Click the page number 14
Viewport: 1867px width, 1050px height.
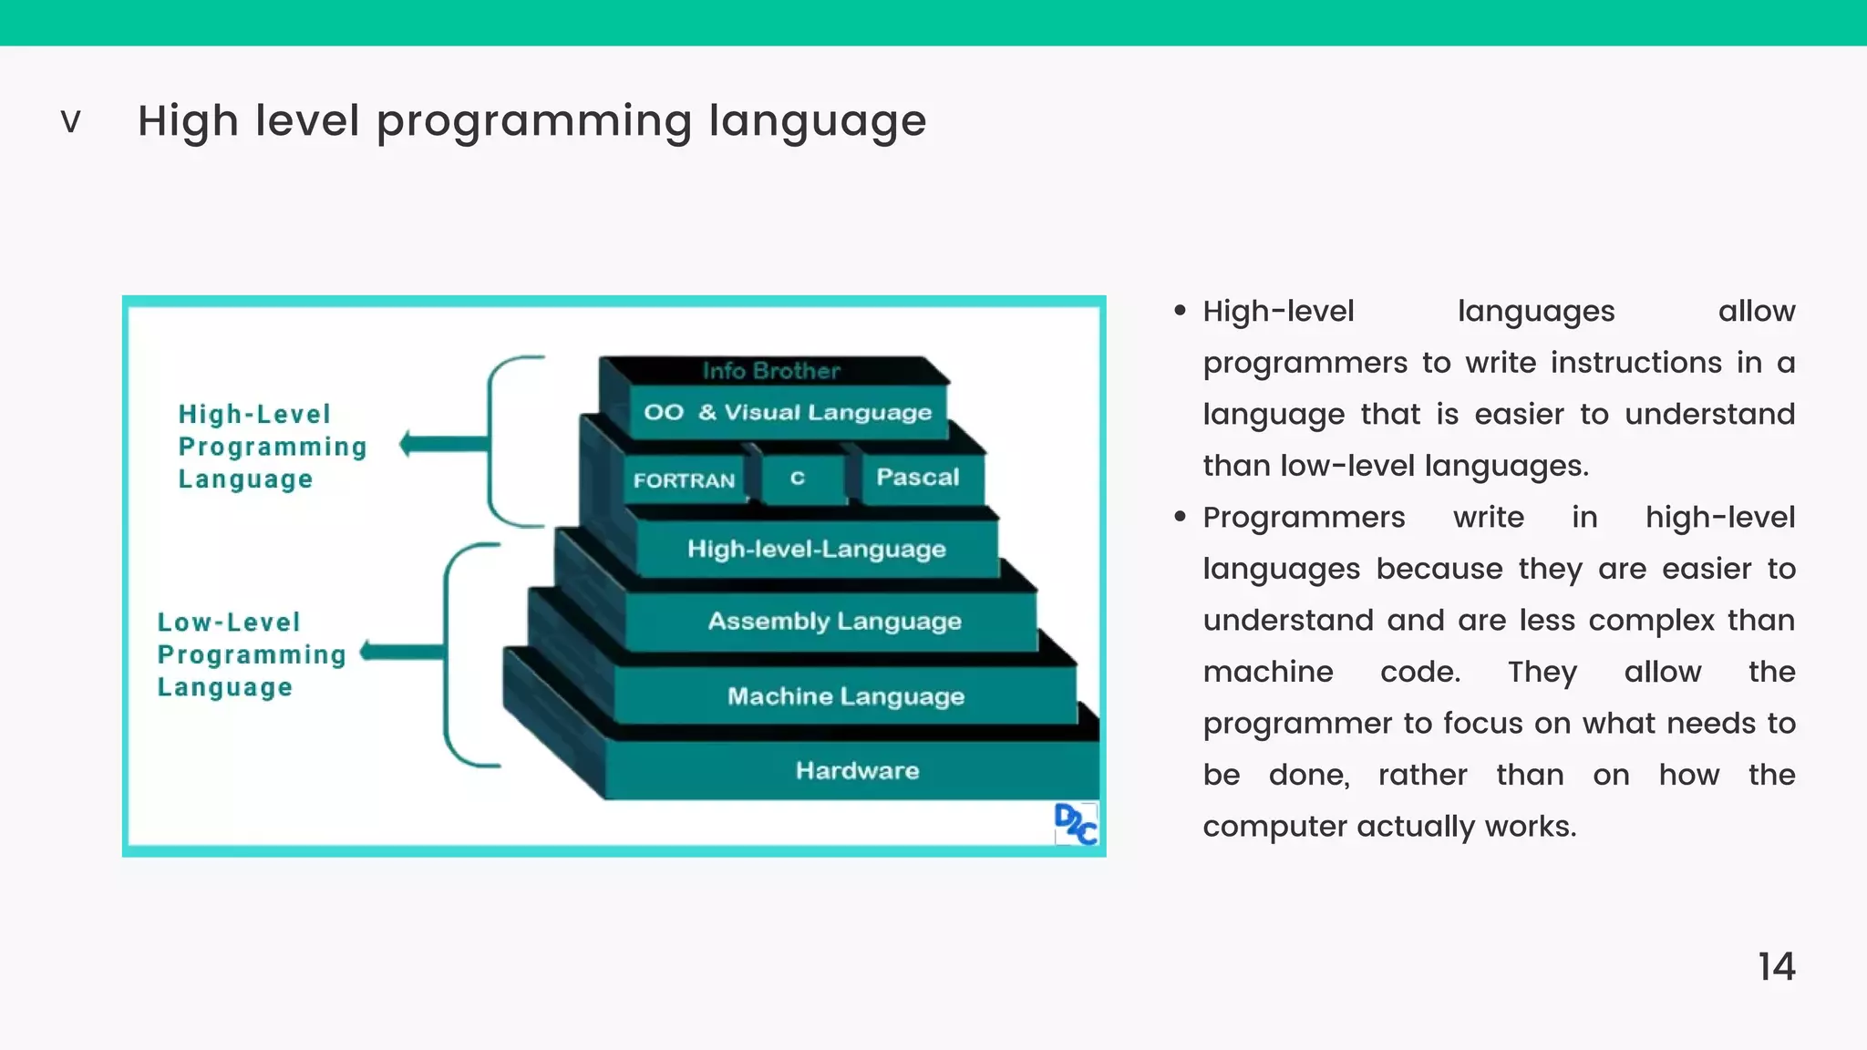1776,967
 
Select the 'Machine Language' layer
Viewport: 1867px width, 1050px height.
845,696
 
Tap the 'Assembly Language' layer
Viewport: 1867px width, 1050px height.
834,622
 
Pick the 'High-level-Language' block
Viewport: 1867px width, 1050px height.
816,549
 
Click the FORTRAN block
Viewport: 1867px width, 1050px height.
684,480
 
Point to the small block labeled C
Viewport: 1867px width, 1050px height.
799,479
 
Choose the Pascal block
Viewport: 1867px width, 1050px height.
917,478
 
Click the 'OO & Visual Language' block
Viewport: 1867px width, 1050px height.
788,413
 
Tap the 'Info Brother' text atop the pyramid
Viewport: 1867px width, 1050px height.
771,371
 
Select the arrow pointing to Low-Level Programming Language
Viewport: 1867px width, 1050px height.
402,651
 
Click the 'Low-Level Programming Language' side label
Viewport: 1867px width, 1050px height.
252,654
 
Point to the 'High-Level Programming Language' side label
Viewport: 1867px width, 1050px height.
272,447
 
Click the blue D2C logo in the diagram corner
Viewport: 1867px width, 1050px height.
1076,824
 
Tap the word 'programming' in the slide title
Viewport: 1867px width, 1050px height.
534,122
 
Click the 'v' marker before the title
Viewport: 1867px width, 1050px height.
70,121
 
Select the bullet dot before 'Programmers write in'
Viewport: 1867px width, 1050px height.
1180,517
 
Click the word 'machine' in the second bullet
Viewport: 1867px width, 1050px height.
1267,672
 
